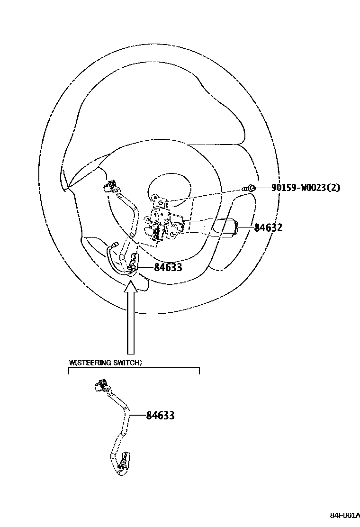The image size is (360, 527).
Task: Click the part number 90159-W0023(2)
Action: [306, 188]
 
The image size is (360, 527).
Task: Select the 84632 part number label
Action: [268, 228]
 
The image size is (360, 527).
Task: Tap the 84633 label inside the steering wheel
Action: [168, 268]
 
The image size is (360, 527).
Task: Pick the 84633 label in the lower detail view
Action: [160, 416]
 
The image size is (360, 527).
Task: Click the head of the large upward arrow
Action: [131, 286]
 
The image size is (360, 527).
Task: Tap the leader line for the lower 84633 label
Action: [137, 416]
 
